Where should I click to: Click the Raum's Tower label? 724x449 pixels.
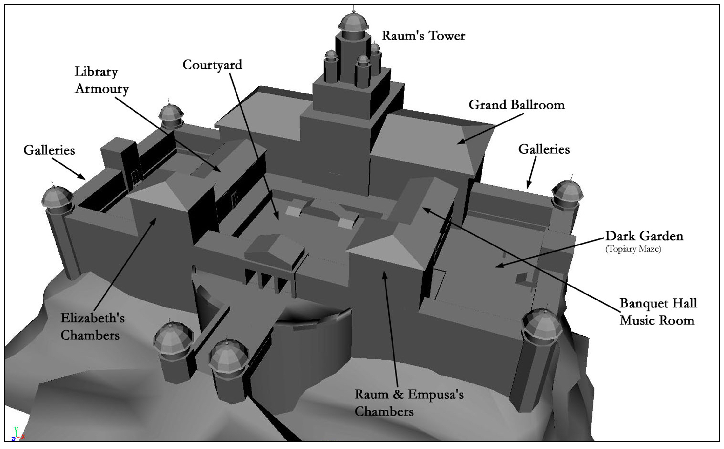(423, 36)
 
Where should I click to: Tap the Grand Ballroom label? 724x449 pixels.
(517, 105)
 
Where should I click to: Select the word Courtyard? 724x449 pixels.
(212, 65)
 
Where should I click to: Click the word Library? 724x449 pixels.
(96, 72)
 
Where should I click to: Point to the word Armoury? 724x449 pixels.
(102, 89)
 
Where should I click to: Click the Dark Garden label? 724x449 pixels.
(644, 236)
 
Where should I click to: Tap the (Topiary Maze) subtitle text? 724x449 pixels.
(633, 249)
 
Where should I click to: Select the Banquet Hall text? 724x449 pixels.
(658, 303)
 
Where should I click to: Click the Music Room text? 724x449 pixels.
(657, 320)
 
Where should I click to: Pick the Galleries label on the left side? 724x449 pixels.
(49, 150)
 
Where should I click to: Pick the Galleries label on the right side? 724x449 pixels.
(544, 149)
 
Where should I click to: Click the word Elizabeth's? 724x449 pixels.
(92, 318)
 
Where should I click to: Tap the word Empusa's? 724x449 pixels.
(436, 395)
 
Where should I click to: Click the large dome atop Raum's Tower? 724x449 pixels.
(353, 23)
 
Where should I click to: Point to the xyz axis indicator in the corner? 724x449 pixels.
(17, 434)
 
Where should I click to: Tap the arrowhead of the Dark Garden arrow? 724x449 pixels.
(500, 265)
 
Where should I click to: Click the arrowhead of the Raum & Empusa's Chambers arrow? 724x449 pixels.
(385, 275)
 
